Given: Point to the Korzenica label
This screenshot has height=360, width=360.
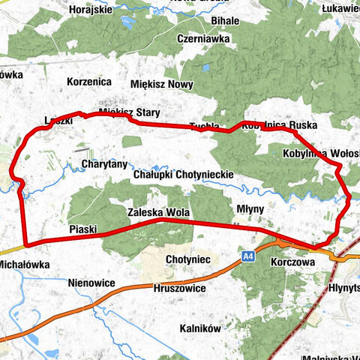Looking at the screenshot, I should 89,80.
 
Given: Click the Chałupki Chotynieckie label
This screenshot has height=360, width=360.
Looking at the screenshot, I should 183,174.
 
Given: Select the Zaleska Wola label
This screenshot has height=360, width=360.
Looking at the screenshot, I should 157,212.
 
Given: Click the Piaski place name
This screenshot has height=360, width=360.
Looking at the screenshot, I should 83,229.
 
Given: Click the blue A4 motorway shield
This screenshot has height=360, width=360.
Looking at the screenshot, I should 249,257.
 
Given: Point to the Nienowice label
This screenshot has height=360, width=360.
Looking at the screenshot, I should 91,283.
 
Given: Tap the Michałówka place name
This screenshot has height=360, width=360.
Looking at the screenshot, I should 24,265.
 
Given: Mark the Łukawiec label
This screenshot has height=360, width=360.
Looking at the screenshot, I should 340,8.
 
